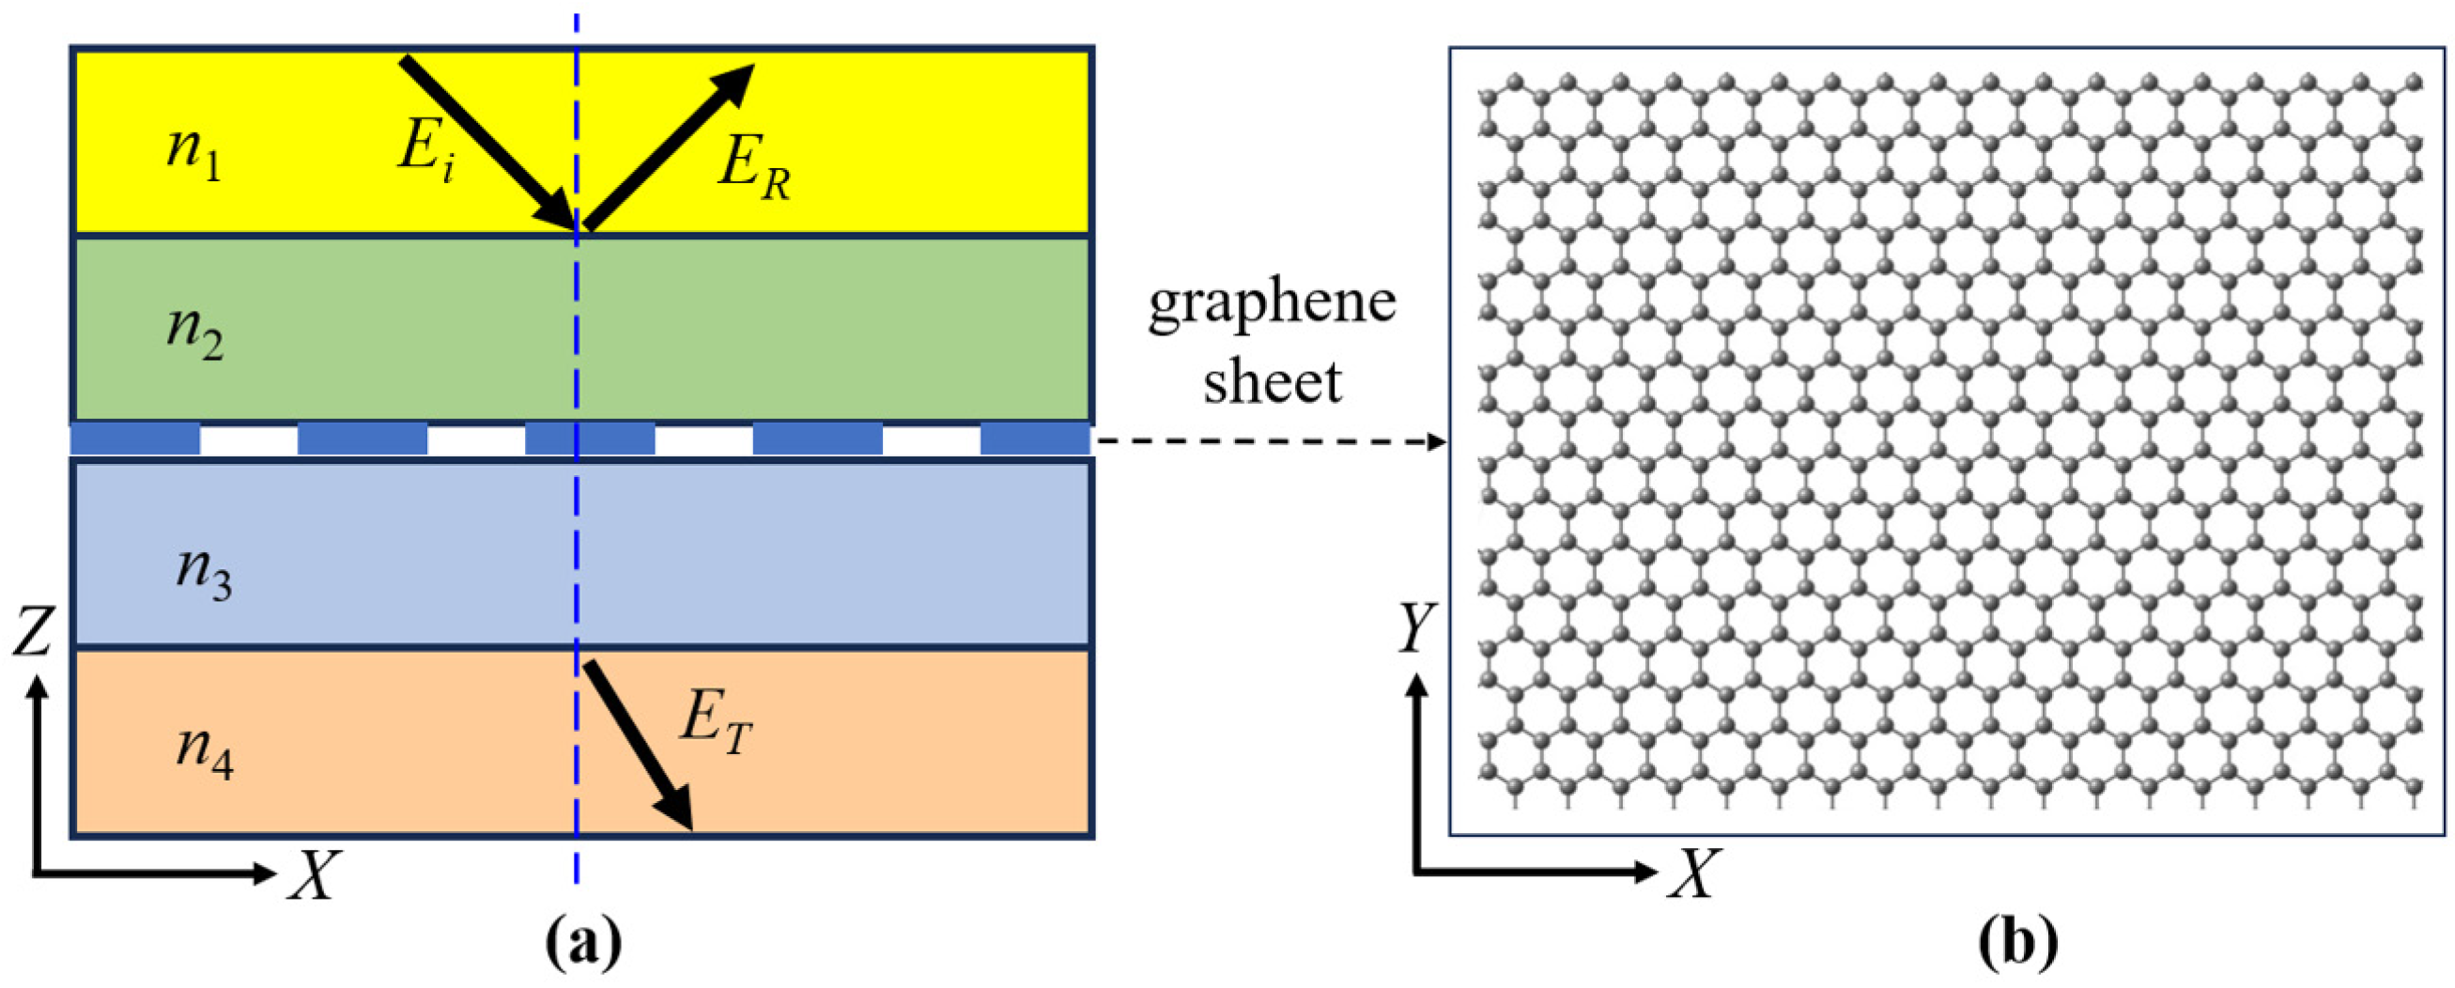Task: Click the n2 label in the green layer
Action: pos(195,332)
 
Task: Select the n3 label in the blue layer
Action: pos(204,574)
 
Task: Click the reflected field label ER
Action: pos(754,169)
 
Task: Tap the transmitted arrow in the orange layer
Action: pos(638,744)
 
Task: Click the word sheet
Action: pos(1272,381)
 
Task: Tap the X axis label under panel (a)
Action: pos(314,874)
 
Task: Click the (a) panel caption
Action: pos(582,943)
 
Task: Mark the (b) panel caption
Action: pos(2017,943)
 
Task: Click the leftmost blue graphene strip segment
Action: pos(135,440)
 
